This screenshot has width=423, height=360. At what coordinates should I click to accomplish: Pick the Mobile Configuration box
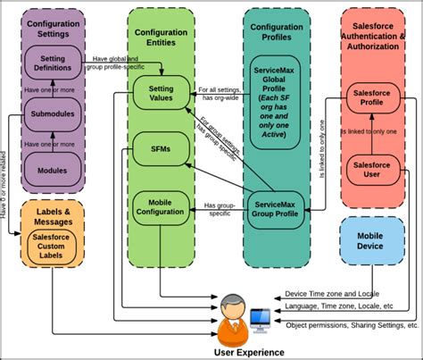pyautogui.click(x=161, y=208)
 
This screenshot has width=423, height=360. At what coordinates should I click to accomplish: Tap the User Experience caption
pyautogui.click(x=251, y=352)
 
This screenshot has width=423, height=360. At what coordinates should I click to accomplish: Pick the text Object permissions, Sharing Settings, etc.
pyautogui.click(x=352, y=326)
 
